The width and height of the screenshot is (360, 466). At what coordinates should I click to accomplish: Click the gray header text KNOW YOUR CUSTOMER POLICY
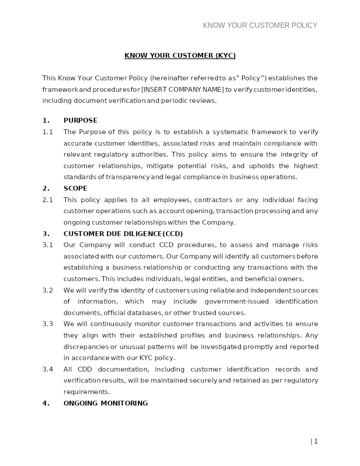(260, 26)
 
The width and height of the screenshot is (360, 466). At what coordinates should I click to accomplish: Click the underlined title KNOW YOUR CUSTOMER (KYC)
(180, 56)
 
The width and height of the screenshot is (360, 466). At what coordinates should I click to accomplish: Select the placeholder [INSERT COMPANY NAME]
(183, 90)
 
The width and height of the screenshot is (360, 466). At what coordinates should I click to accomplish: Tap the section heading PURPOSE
(80, 120)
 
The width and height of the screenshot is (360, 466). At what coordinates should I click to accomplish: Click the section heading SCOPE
(75, 188)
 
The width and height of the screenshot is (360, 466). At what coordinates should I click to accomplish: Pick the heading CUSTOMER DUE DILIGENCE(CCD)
(123, 234)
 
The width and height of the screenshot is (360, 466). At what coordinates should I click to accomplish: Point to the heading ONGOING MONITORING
(105, 403)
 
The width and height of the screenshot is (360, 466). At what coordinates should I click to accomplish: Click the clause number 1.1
(48, 132)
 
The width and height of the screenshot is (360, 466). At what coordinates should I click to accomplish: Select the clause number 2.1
(48, 200)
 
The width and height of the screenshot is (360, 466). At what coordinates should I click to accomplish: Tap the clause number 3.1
(48, 245)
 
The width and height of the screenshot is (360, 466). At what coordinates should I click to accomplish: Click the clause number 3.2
(48, 290)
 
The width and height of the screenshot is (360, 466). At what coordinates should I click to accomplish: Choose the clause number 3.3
(48, 324)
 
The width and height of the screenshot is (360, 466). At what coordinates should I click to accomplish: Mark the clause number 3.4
(48, 369)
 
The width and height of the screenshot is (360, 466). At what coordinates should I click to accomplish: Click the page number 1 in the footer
(316, 441)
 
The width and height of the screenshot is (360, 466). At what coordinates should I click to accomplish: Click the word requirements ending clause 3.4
(86, 392)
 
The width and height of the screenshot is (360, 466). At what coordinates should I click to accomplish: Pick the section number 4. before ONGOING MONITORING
(45, 403)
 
